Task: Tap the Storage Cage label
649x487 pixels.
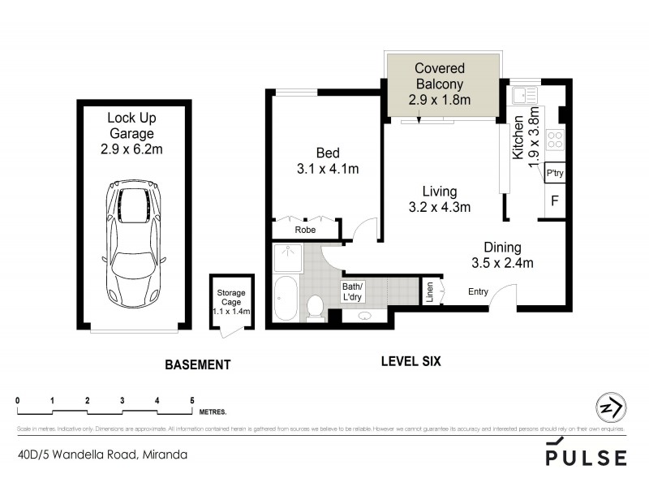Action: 231,301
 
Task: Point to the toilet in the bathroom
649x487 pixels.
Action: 316,305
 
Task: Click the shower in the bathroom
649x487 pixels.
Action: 286,259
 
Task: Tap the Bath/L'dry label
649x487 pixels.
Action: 353,291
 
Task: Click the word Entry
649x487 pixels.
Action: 479,291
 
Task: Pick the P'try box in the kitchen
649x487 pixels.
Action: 555,174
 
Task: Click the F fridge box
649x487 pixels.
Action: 555,200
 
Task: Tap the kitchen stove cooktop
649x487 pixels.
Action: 556,139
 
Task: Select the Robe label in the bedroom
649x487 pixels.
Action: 305,230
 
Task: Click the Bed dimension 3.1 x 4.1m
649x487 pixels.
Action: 328,169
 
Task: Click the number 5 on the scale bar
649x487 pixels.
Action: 192,400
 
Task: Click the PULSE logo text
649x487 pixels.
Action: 586,456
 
